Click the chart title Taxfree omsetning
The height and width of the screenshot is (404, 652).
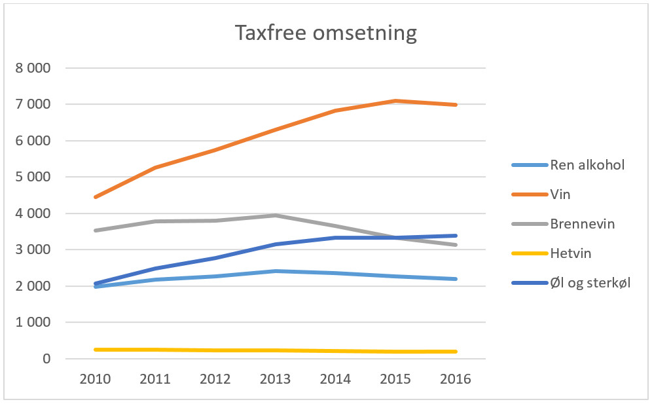pyautogui.click(x=325, y=33)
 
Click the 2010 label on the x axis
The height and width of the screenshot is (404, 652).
pyautogui.click(x=96, y=380)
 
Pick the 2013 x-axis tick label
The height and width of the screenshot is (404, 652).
pyautogui.click(x=276, y=380)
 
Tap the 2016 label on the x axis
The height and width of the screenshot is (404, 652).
pyautogui.click(x=456, y=380)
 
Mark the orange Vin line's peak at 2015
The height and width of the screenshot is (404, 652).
pyautogui.click(x=395, y=101)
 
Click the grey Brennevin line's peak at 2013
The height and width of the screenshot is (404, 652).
pyautogui.click(x=276, y=215)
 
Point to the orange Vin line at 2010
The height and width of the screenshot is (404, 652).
pyautogui.click(x=96, y=197)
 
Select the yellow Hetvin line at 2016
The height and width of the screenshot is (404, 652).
pyautogui.click(x=456, y=352)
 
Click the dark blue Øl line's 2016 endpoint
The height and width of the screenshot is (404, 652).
pyautogui.click(x=456, y=236)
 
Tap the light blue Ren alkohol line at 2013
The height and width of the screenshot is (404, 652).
pyautogui.click(x=276, y=271)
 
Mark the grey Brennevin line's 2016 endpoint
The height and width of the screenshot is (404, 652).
pyautogui.click(x=456, y=245)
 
